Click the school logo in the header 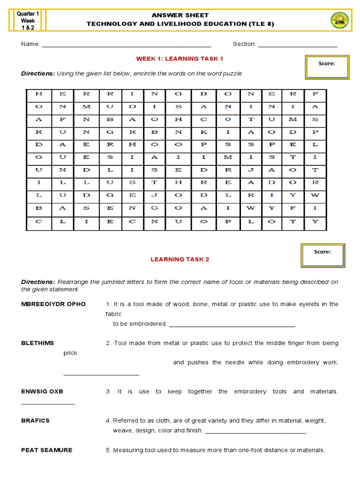click(340, 21)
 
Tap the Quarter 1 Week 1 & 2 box click(28, 21)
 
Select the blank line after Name click(127, 45)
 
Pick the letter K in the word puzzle click(203, 132)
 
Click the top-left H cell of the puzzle click(38, 94)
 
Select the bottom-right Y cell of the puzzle click(315, 221)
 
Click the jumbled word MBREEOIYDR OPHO click(53, 304)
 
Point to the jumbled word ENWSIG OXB click(42, 391)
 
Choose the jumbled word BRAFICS click(35, 420)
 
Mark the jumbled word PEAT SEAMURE click(47, 450)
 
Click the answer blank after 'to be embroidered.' click(232, 324)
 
